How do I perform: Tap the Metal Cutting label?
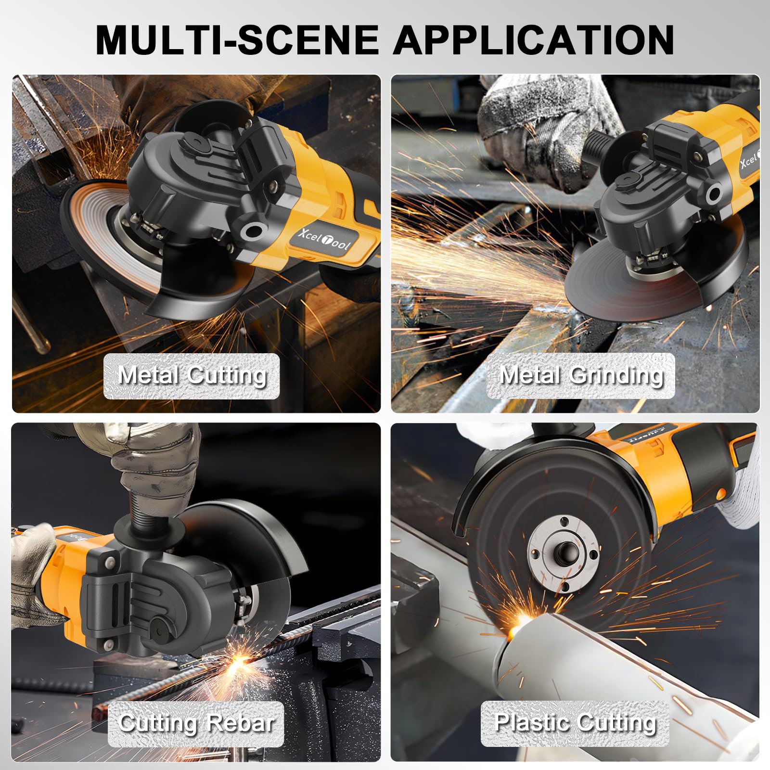tap(192, 376)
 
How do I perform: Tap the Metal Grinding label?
tap(580, 376)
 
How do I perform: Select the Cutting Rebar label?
tap(196, 723)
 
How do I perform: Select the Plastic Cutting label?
tap(575, 723)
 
